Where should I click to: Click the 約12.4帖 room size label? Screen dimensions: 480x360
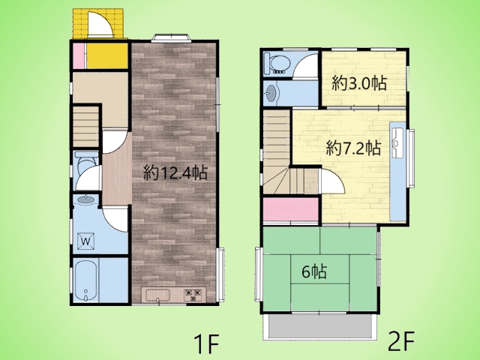pyautogui.click(x=175, y=173)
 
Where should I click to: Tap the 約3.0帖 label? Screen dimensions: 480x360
pyautogui.click(x=359, y=83)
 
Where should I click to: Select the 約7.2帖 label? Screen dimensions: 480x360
pyautogui.click(x=353, y=148)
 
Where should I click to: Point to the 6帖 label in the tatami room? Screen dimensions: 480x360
pyautogui.click(x=314, y=271)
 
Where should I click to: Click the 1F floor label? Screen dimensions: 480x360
pyautogui.click(x=206, y=343)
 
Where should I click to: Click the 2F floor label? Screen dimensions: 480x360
pyautogui.click(x=401, y=341)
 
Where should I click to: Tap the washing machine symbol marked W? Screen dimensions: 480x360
pyautogui.click(x=85, y=241)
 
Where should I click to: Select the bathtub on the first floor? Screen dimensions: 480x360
pyautogui.click(x=86, y=280)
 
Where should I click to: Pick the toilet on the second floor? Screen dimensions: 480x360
pyautogui.click(x=277, y=64)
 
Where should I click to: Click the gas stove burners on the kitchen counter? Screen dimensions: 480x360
pyautogui.click(x=193, y=295)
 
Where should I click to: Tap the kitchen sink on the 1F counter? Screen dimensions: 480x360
pyautogui.click(x=157, y=295)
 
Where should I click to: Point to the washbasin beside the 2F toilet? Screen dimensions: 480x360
pyautogui.click(x=271, y=91)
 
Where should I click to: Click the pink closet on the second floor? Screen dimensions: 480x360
pyautogui.click(x=291, y=209)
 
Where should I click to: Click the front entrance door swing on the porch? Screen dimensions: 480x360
pyautogui.click(x=100, y=24)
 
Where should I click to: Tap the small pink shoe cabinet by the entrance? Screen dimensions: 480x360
pyautogui.click(x=79, y=56)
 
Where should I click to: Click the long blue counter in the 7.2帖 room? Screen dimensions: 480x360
pyautogui.click(x=398, y=170)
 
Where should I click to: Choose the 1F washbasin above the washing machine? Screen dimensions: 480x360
pyautogui.click(x=86, y=200)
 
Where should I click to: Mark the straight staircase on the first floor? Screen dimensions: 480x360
pyautogui.click(x=85, y=127)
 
